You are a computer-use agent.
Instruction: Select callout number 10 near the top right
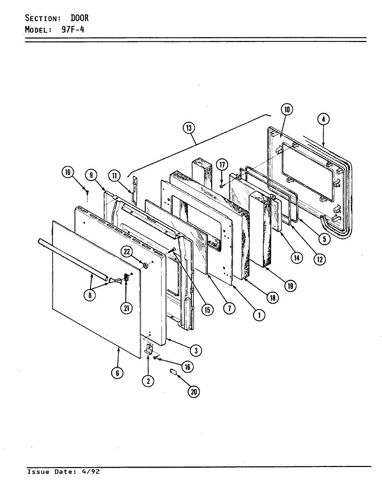tap(287, 110)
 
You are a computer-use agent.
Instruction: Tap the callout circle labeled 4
tap(323, 119)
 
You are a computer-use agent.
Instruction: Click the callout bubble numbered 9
tap(91, 175)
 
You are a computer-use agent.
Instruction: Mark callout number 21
tap(126, 308)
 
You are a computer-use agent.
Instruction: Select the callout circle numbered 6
tap(117, 373)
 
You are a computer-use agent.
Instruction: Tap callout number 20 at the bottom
tap(194, 391)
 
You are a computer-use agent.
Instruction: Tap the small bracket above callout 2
tap(149, 349)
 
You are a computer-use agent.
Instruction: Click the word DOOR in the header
tap(80, 18)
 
